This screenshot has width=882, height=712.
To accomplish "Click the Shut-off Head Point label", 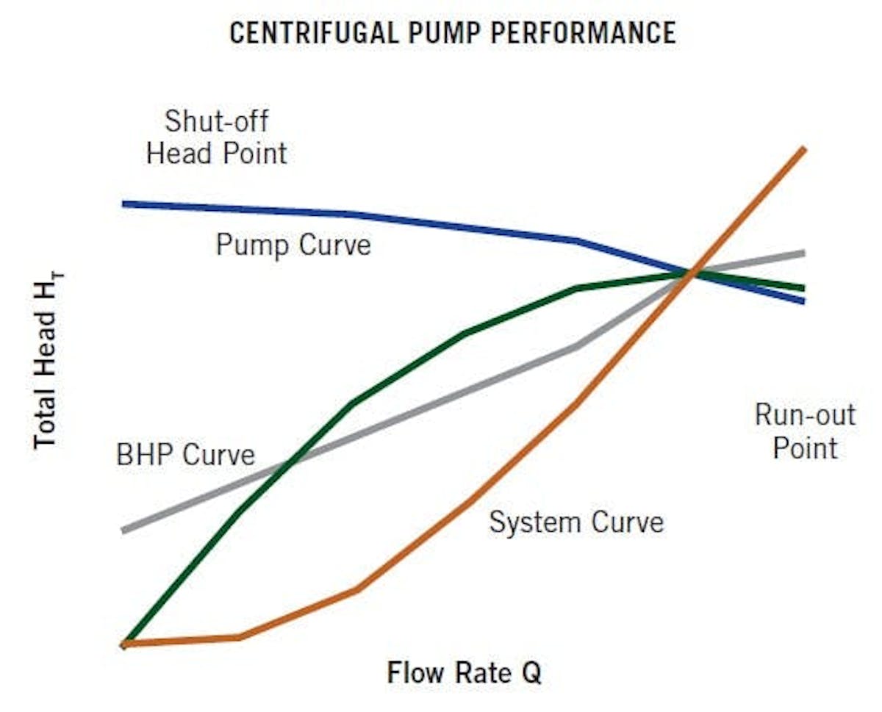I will (217, 137).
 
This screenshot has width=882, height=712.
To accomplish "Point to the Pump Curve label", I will (293, 244).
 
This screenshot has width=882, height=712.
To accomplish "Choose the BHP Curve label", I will (185, 455).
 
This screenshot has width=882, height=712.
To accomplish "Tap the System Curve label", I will (576, 522).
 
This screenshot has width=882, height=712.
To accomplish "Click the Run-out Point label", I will (805, 431).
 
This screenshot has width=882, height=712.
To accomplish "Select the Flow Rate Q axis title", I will (465, 672).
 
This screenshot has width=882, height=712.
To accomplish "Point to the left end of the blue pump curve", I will (125, 204).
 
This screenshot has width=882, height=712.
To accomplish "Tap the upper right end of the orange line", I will (805, 150).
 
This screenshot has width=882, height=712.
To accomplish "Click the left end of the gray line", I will (125, 529).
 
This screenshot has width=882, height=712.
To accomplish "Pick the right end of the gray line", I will (805, 253).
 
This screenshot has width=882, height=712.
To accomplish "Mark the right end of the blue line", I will (805, 301).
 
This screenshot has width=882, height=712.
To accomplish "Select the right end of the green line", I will (805, 288).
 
